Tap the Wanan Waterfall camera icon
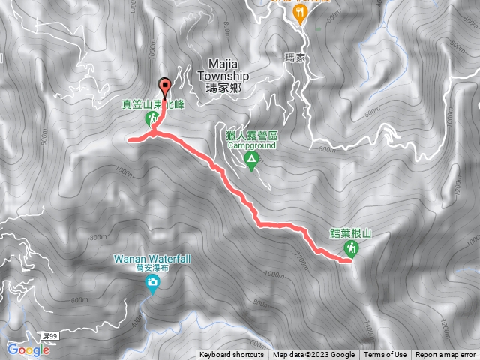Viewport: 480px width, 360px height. [152, 283]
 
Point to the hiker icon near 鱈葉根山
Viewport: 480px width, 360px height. [350, 247]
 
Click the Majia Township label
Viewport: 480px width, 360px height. [229, 70]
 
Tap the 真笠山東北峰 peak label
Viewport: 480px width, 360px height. [153, 105]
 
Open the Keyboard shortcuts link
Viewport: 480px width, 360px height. [232, 355]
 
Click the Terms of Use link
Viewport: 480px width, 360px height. [385, 355]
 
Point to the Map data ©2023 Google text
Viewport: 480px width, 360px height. [314, 355]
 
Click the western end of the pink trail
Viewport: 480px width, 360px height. [130, 139]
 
